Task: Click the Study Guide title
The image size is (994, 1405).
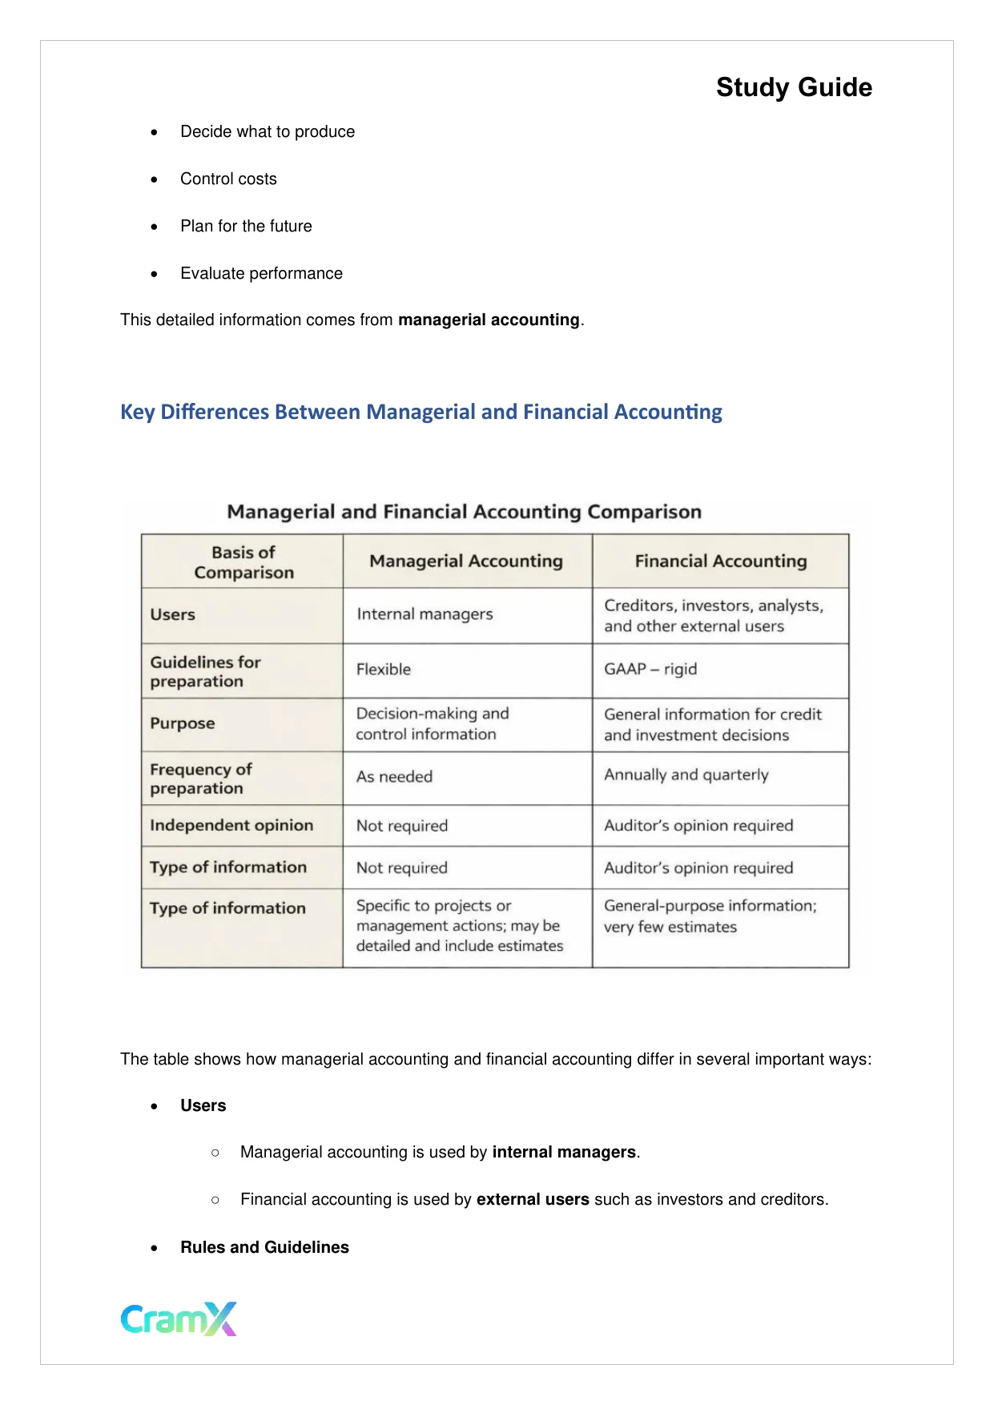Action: tap(793, 87)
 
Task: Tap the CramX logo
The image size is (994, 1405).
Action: tap(179, 1318)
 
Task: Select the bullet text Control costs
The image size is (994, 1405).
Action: tap(228, 179)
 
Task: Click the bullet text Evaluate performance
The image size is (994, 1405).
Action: tap(261, 273)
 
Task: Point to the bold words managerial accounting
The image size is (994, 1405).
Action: tap(489, 320)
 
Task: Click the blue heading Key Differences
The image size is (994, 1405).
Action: tap(421, 412)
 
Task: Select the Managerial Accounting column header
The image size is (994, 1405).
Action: tap(466, 561)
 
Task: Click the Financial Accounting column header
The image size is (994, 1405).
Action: tap(720, 561)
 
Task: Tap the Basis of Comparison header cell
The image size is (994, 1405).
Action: tap(243, 562)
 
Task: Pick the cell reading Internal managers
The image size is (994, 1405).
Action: tap(425, 614)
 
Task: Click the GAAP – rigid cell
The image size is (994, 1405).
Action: tap(650, 669)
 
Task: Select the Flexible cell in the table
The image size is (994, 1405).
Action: tap(384, 669)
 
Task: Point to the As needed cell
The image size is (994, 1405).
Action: tap(394, 776)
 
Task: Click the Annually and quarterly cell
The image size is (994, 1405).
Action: tap(686, 775)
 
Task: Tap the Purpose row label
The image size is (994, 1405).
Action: tap(183, 723)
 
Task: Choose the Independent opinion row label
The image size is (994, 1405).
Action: tap(231, 825)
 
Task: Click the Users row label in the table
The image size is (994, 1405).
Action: tap(173, 614)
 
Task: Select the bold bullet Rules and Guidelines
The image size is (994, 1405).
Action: tap(264, 1247)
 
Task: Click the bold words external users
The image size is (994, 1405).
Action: tap(533, 1199)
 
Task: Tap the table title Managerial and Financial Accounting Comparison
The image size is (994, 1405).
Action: tap(464, 512)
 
